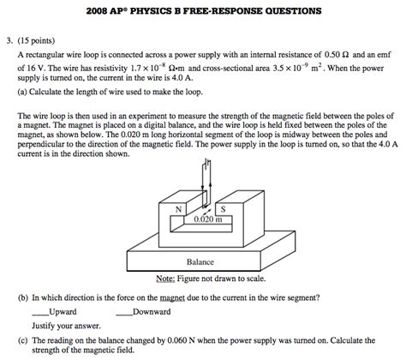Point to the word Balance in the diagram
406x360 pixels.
(200, 262)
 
